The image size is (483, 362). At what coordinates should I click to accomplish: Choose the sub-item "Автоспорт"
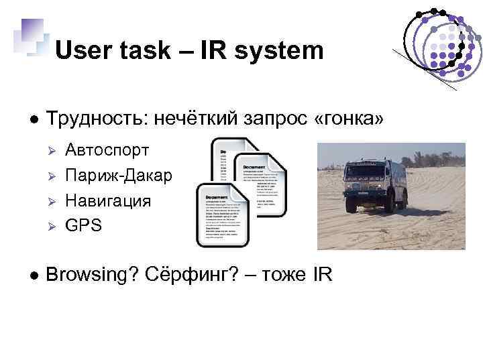pos(107,150)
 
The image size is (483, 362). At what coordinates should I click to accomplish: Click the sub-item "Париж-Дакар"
pos(118,176)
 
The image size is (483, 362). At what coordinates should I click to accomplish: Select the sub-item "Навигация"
pos(107,200)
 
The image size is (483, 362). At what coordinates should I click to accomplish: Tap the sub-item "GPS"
pos(83,225)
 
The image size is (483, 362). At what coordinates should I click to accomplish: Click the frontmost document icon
pos(222,214)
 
